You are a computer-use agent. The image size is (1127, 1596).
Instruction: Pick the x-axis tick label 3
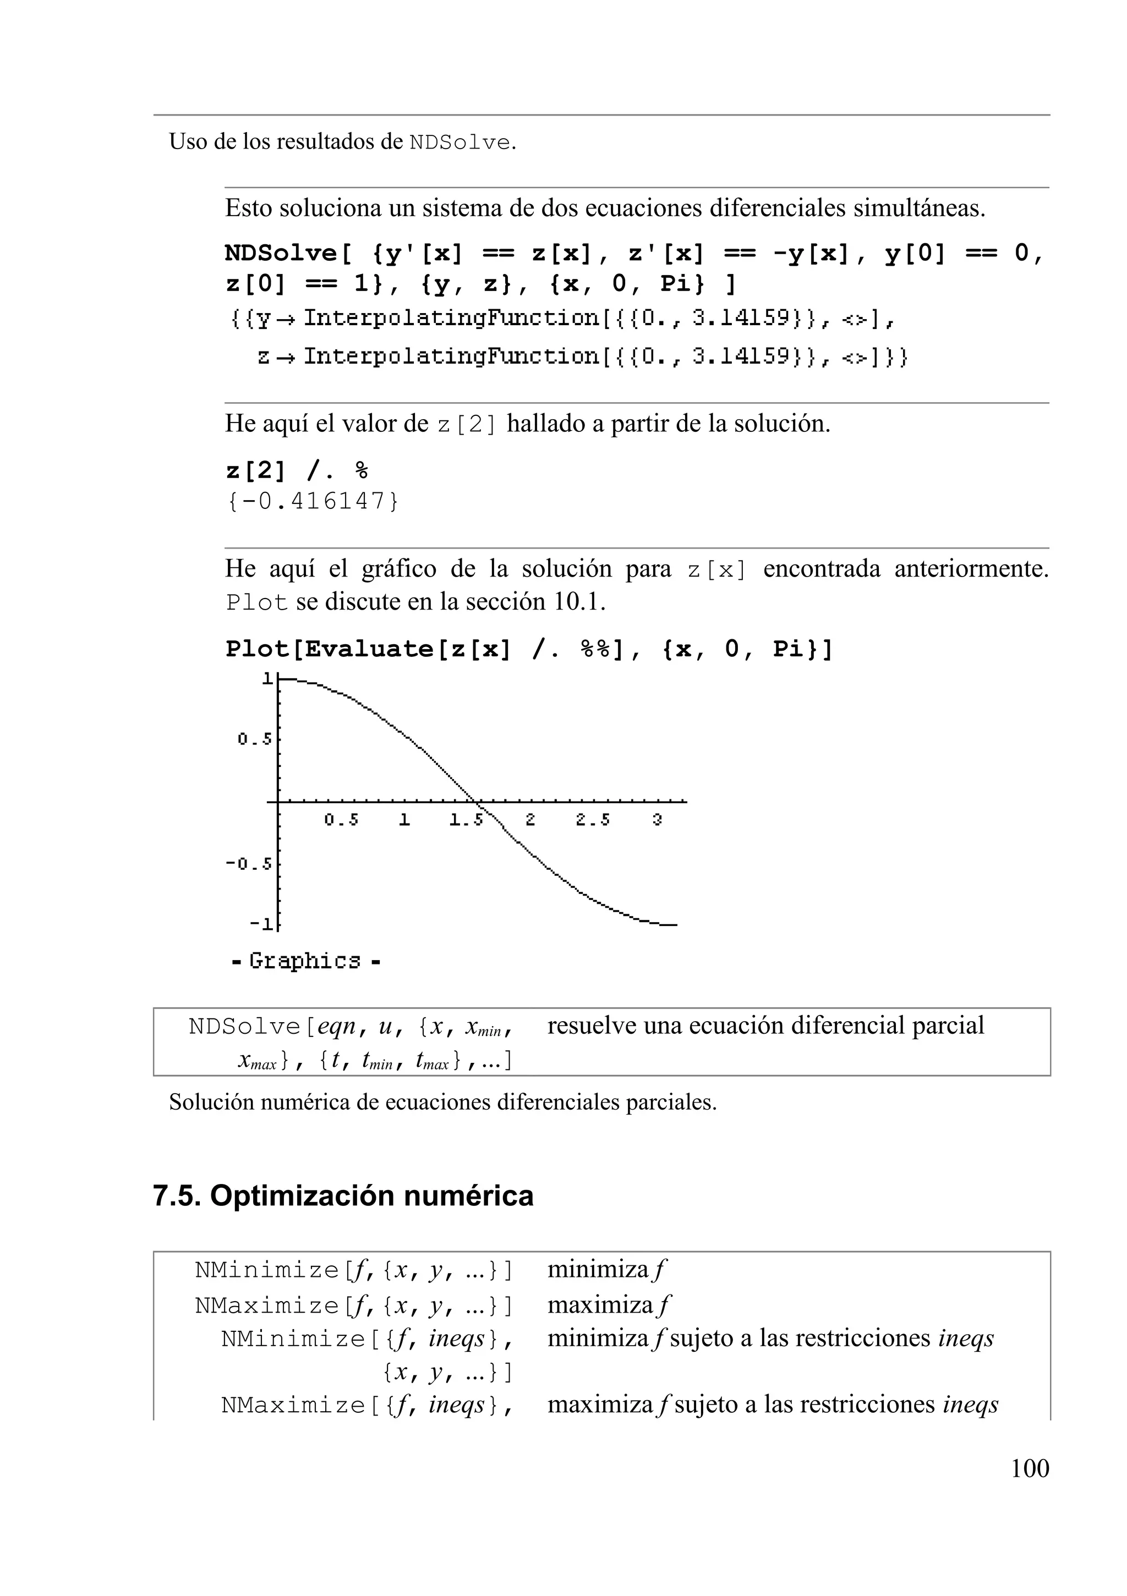(656, 820)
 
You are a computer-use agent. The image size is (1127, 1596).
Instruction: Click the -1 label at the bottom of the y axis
(261, 924)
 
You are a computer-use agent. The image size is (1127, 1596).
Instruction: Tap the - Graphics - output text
(305, 961)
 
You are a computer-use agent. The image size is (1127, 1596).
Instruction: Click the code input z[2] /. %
(296, 471)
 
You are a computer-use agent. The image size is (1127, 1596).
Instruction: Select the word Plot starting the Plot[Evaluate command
(256, 649)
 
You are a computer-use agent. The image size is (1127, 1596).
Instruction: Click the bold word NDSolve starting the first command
(280, 253)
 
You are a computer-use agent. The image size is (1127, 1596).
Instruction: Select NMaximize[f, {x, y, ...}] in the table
(353, 1306)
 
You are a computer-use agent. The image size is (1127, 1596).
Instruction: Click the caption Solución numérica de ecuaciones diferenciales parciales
(442, 1103)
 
